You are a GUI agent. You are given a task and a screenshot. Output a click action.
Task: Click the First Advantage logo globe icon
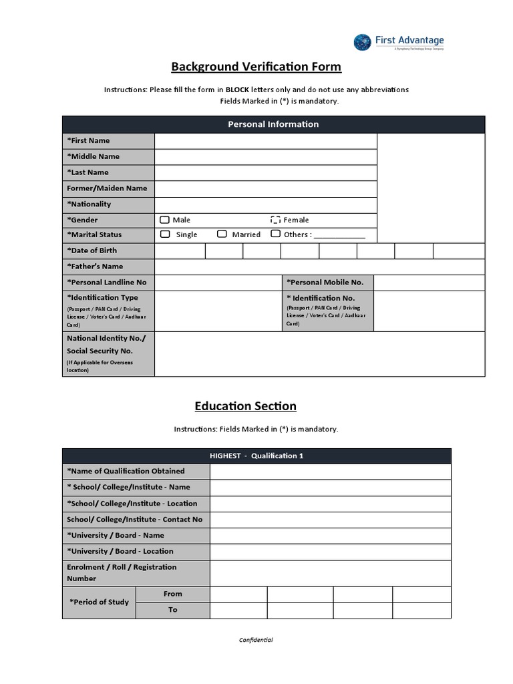[x=362, y=42]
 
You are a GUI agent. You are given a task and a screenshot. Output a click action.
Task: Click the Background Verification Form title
[x=256, y=67]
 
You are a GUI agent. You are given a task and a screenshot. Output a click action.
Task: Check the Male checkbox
[x=164, y=220]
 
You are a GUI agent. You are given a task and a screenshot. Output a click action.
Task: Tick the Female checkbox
[x=275, y=220]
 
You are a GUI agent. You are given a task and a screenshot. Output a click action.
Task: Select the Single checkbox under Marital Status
[x=164, y=234]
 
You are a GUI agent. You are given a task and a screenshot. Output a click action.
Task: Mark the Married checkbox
[x=222, y=234]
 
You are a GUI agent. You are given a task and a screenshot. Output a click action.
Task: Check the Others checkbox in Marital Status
[x=275, y=234]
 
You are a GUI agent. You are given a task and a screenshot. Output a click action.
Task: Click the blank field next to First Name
[x=265, y=141]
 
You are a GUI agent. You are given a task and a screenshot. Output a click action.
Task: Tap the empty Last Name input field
[x=265, y=172]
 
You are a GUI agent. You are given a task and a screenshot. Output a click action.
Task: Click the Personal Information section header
[x=273, y=124]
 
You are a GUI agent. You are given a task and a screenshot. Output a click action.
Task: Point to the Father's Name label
[x=95, y=267]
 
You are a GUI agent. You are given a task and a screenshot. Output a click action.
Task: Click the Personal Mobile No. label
[x=325, y=283]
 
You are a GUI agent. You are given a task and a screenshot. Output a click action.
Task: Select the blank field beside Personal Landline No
[x=218, y=283]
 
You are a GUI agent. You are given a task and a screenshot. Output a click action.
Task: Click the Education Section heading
[x=245, y=406]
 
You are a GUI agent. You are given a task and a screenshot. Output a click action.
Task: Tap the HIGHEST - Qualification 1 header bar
[x=256, y=456]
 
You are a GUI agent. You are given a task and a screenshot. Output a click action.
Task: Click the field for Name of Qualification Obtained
[x=330, y=472]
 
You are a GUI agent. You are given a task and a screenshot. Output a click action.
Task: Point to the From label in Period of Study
[x=172, y=594]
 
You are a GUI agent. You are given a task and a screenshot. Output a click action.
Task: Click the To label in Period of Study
[x=172, y=610]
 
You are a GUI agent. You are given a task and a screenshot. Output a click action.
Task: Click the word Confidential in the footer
[x=256, y=640]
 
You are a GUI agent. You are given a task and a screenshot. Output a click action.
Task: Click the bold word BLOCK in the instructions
[x=237, y=90]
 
